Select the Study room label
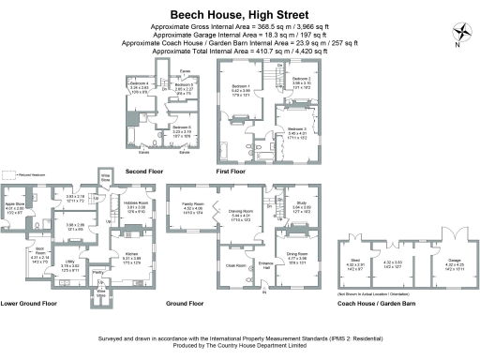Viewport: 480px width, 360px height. click(302, 202)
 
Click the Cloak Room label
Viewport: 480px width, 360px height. click(235, 265)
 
